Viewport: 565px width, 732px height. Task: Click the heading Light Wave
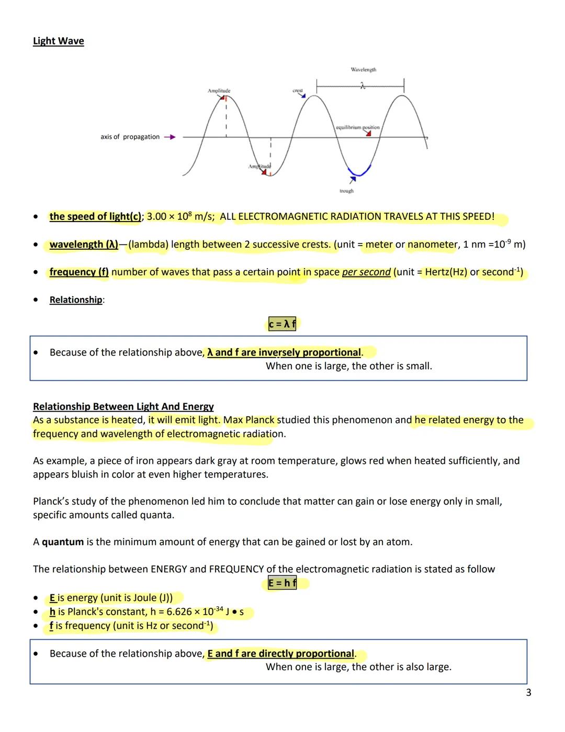point(58,41)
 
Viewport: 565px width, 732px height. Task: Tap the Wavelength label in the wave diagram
point(363,70)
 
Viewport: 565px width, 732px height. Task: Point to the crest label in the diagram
point(298,91)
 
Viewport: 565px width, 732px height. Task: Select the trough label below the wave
point(346,191)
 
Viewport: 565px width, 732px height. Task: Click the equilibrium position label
point(358,127)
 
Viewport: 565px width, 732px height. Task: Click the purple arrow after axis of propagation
point(169,137)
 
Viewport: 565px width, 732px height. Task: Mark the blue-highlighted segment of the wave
point(360,172)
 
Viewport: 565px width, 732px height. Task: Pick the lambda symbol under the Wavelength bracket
point(362,86)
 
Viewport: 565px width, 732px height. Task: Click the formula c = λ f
point(282,325)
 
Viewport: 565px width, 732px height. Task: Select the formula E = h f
point(282,583)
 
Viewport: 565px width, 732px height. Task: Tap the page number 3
point(528,693)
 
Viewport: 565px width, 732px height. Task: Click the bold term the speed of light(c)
point(95,217)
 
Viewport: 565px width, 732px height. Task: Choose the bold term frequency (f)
point(79,272)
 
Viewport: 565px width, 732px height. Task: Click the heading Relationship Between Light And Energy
point(123,407)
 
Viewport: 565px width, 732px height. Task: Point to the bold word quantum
point(63,542)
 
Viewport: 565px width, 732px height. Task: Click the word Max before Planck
point(233,420)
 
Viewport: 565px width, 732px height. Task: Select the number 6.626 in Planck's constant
point(179,612)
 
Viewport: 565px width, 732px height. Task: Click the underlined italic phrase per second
point(366,272)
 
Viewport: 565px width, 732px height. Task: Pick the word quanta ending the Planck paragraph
point(157,515)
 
